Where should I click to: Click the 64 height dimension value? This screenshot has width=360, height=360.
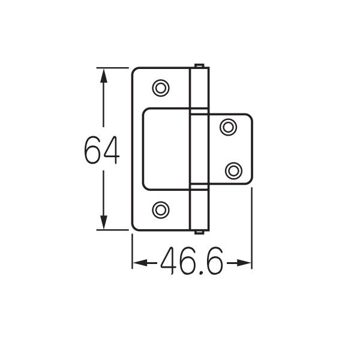pos(102,150)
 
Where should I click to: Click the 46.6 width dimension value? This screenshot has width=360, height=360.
pos(192,260)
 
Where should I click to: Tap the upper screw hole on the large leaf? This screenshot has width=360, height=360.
pos(161,88)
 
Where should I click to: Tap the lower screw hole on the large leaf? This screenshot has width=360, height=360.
pos(161,210)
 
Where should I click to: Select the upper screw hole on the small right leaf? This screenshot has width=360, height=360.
pos(228,127)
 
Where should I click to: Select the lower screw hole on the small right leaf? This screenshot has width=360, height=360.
pos(233,171)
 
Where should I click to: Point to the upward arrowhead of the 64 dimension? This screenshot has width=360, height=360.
pos(104,76)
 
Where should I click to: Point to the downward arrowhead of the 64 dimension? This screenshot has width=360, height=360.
pos(104,222)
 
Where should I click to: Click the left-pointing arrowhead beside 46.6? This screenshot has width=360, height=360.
pos(140,263)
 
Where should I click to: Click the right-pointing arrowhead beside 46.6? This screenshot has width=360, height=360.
pos(244,263)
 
